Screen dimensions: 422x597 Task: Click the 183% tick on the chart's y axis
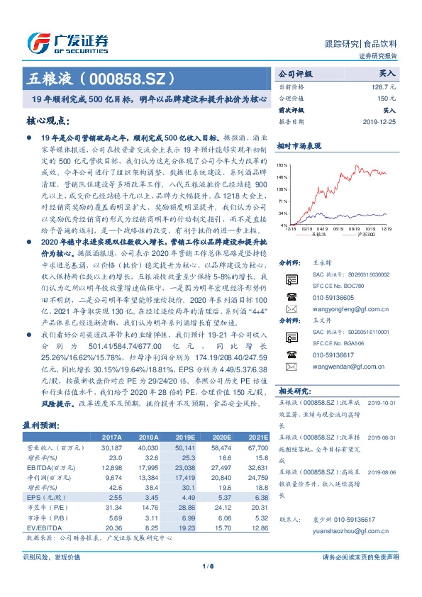(x=282, y=164)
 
